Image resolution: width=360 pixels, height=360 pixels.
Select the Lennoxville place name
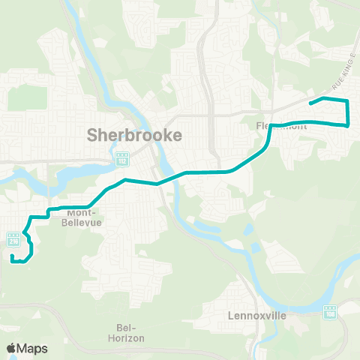[257, 316]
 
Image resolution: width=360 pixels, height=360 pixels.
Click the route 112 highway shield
[122, 160]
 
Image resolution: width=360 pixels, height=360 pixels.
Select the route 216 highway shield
[13, 239]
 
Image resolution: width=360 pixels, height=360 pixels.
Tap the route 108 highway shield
[329, 311]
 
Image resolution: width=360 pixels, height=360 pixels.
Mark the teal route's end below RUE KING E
[310, 103]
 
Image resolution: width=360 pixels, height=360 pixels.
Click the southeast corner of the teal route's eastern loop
[348, 124]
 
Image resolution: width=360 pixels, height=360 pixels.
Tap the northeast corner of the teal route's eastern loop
[347, 100]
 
